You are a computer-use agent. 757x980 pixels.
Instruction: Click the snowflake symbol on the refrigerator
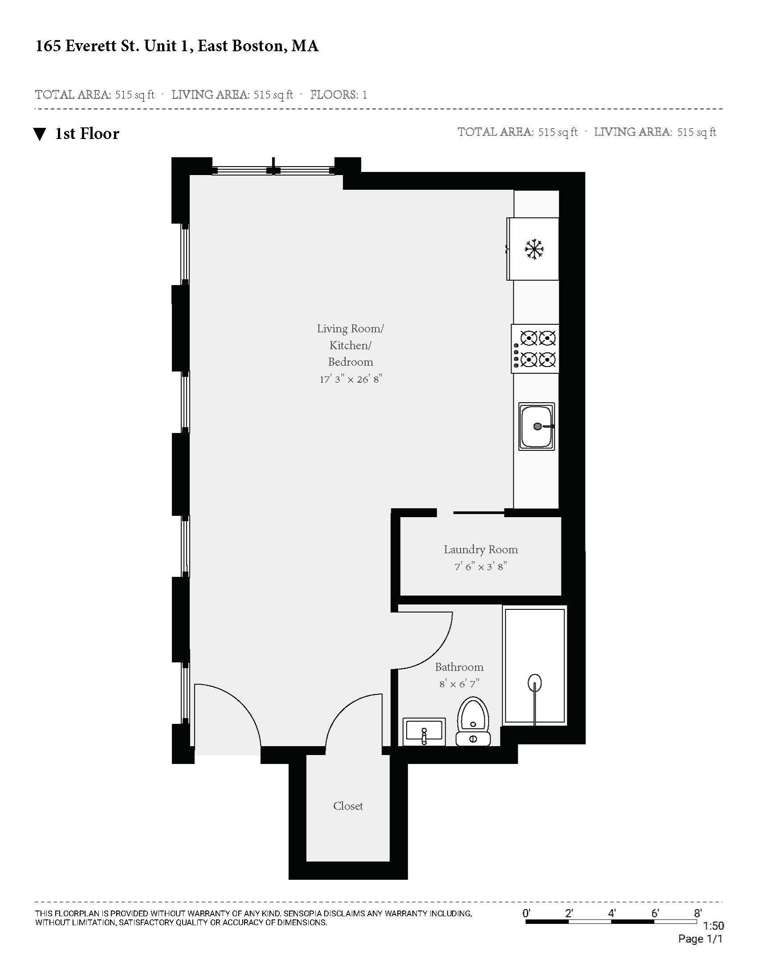pos(534,249)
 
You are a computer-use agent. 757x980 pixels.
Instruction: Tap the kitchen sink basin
pos(537,426)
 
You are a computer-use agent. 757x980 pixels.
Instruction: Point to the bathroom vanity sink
pos(424,732)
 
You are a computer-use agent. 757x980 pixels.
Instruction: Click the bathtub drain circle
pos(534,683)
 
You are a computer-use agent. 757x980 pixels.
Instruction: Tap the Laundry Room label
pos(481,550)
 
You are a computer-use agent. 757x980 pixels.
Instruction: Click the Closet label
pos(348,806)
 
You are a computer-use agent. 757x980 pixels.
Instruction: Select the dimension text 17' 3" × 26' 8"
pos(351,380)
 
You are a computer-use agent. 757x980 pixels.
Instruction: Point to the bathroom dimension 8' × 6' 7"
pos(459,684)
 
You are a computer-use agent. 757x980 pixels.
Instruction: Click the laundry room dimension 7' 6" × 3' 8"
pos(481,567)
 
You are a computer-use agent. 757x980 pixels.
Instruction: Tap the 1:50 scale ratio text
pos(713,926)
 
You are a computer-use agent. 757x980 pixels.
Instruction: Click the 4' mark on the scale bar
pos(612,913)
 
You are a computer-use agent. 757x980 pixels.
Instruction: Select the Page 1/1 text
pos(700,939)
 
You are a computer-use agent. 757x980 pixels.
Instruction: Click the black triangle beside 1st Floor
pos(40,134)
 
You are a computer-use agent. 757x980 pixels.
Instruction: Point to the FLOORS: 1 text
pos(338,95)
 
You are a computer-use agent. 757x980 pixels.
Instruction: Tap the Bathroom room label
pos(459,667)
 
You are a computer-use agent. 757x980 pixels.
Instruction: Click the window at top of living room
pos(273,170)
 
